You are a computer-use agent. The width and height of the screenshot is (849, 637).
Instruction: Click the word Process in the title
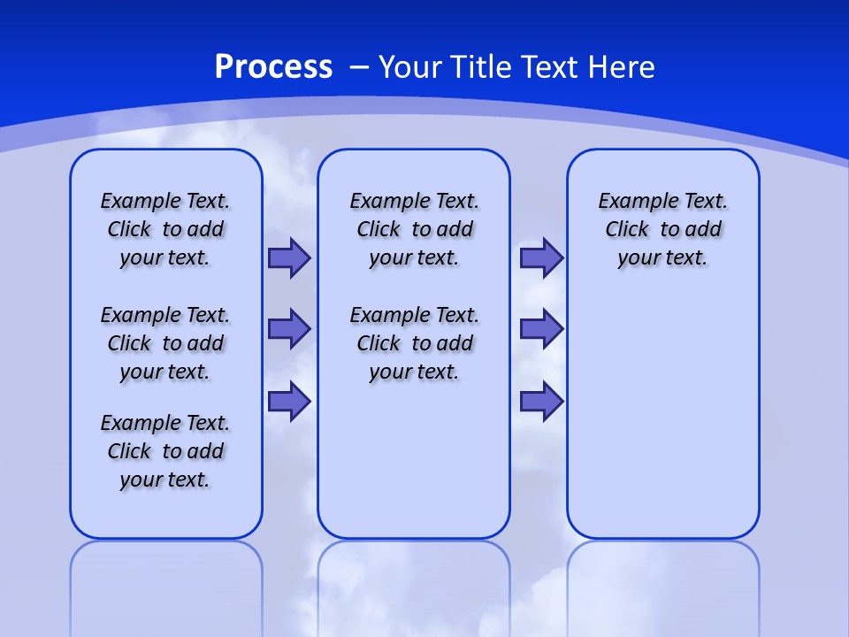coord(273,67)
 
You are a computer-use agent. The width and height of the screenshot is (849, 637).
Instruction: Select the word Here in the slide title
coord(623,67)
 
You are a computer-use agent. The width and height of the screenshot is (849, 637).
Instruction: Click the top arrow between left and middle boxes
coord(289,258)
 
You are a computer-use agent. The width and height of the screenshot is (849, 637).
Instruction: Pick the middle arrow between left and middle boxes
coord(289,329)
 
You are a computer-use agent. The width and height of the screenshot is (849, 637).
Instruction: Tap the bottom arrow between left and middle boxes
coord(289,401)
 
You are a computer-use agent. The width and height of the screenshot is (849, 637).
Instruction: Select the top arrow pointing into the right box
coord(541,258)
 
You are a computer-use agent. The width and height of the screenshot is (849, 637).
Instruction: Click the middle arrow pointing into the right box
coord(541,329)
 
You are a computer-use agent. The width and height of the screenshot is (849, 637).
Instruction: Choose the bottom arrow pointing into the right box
coord(541,401)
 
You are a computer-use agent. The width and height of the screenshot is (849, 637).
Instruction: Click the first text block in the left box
coord(165,229)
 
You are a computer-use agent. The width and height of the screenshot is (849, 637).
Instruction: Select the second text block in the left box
coord(165,343)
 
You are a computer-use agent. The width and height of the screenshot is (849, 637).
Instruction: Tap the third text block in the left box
coord(165,451)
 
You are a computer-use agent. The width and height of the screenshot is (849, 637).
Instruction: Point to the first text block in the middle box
coord(415,229)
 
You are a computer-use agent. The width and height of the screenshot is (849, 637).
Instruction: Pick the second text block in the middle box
coord(415,343)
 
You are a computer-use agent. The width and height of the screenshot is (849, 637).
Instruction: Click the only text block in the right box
coord(663,229)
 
